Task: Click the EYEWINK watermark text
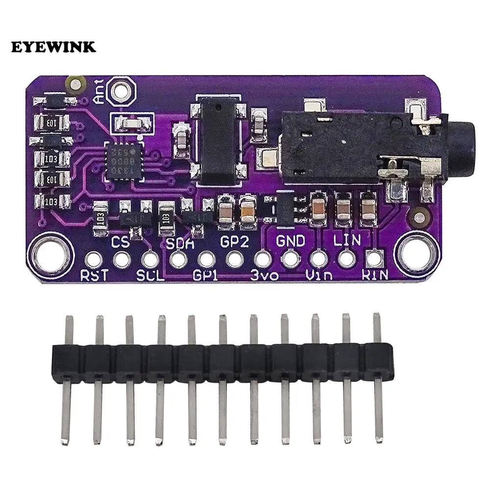pos(54,47)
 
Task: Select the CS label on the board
pos(120,242)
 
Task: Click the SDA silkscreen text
pos(180,242)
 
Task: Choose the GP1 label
pos(206,275)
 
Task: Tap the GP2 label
pos(235,242)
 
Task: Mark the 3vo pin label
pos(265,275)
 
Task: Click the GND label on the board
pos(291,241)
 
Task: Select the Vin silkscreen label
pos(319,275)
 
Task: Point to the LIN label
pos(347,241)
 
